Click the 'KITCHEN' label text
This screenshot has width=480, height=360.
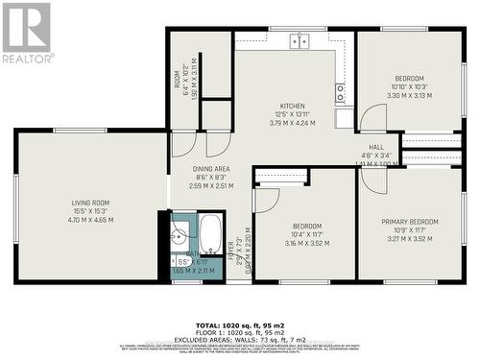pos(292,106)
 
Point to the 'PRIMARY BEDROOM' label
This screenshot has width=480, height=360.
pos(410,222)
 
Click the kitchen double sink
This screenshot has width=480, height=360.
pos(300,40)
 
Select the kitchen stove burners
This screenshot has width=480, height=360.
pos(342,92)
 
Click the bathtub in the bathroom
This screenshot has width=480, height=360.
pos(211,234)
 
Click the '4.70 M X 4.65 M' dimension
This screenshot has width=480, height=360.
pos(90,220)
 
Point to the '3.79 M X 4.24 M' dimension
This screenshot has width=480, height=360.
pos(292,123)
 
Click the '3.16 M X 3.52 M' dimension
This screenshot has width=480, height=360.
pos(306,243)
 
